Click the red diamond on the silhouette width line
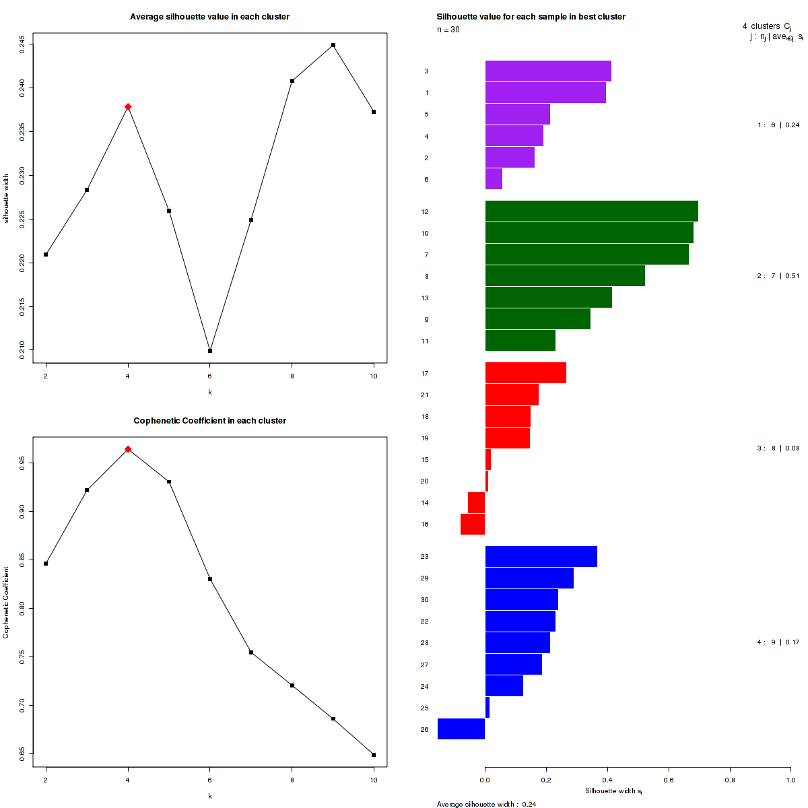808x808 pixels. (x=128, y=107)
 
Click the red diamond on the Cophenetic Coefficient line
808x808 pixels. (x=128, y=449)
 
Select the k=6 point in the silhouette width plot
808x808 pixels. (x=210, y=351)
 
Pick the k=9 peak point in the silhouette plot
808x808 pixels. (x=333, y=45)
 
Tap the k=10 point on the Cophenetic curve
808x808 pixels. (x=374, y=755)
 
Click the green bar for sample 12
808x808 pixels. (x=591, y=211)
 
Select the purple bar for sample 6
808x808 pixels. (x=494, y=179)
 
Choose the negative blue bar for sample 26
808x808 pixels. (x=461, y=729)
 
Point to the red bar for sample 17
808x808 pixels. (x=525, y=373)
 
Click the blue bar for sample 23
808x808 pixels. (x=541, y=557)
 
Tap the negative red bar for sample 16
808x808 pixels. (x=473, y=525)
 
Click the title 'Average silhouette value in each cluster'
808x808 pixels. (x=210, y=17)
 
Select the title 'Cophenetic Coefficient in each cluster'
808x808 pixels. (x=210, y=421)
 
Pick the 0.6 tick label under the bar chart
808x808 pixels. (x=669, y=780)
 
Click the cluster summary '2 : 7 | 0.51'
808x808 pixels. (x=778, y=276)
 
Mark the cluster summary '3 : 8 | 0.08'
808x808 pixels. (x=778, y=448)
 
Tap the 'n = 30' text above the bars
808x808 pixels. (x=448, y=30)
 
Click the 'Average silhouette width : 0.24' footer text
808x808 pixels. (x=486, y=804)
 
